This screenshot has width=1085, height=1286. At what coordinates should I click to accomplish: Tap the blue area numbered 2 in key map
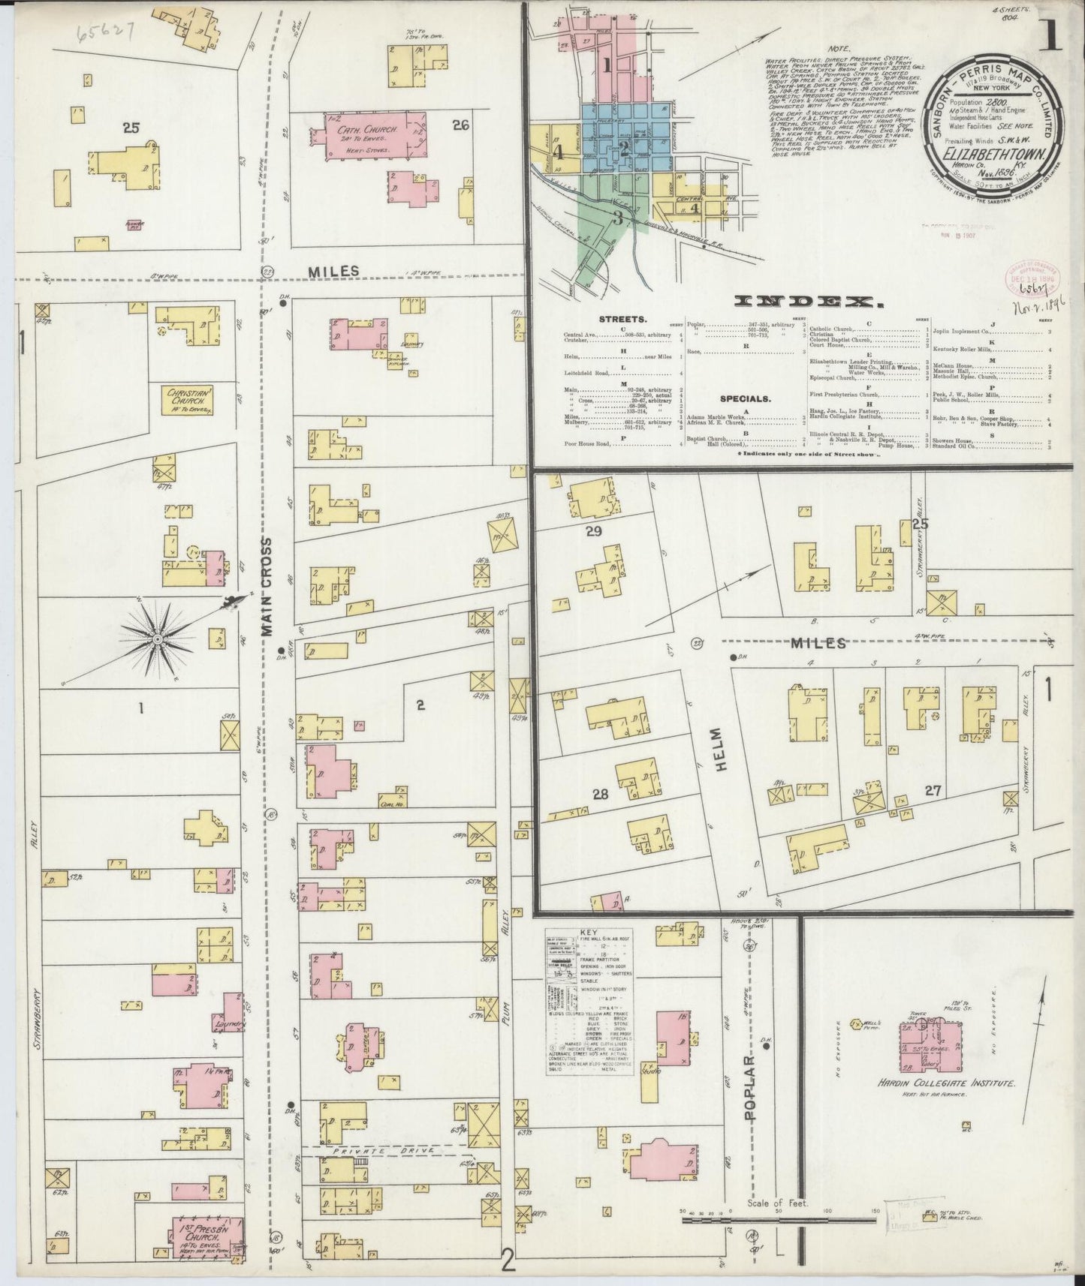[x=623, y=146]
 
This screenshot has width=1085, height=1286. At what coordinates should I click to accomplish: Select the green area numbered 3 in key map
[x=617, y=218]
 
